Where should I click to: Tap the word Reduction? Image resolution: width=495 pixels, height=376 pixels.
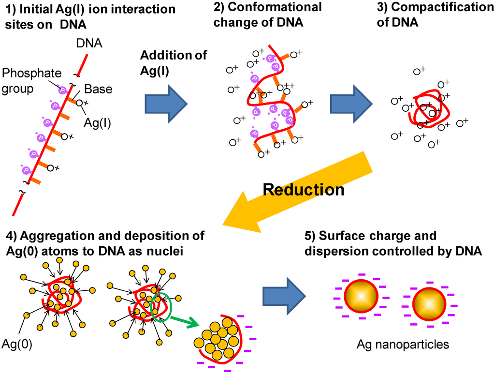tap(304, 190)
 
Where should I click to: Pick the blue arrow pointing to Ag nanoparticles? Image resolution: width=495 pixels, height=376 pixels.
tap(285, 295)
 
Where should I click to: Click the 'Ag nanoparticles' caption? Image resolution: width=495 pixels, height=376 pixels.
tap(403, 345)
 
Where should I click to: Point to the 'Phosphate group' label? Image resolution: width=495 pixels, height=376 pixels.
tap(32, 80)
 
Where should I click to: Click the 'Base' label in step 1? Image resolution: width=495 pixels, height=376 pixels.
tap(98, 89)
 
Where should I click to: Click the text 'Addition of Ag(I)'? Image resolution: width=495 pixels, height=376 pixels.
tap(173, 62)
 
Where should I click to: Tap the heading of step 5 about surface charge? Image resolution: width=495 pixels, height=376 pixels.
tap(393, 243)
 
